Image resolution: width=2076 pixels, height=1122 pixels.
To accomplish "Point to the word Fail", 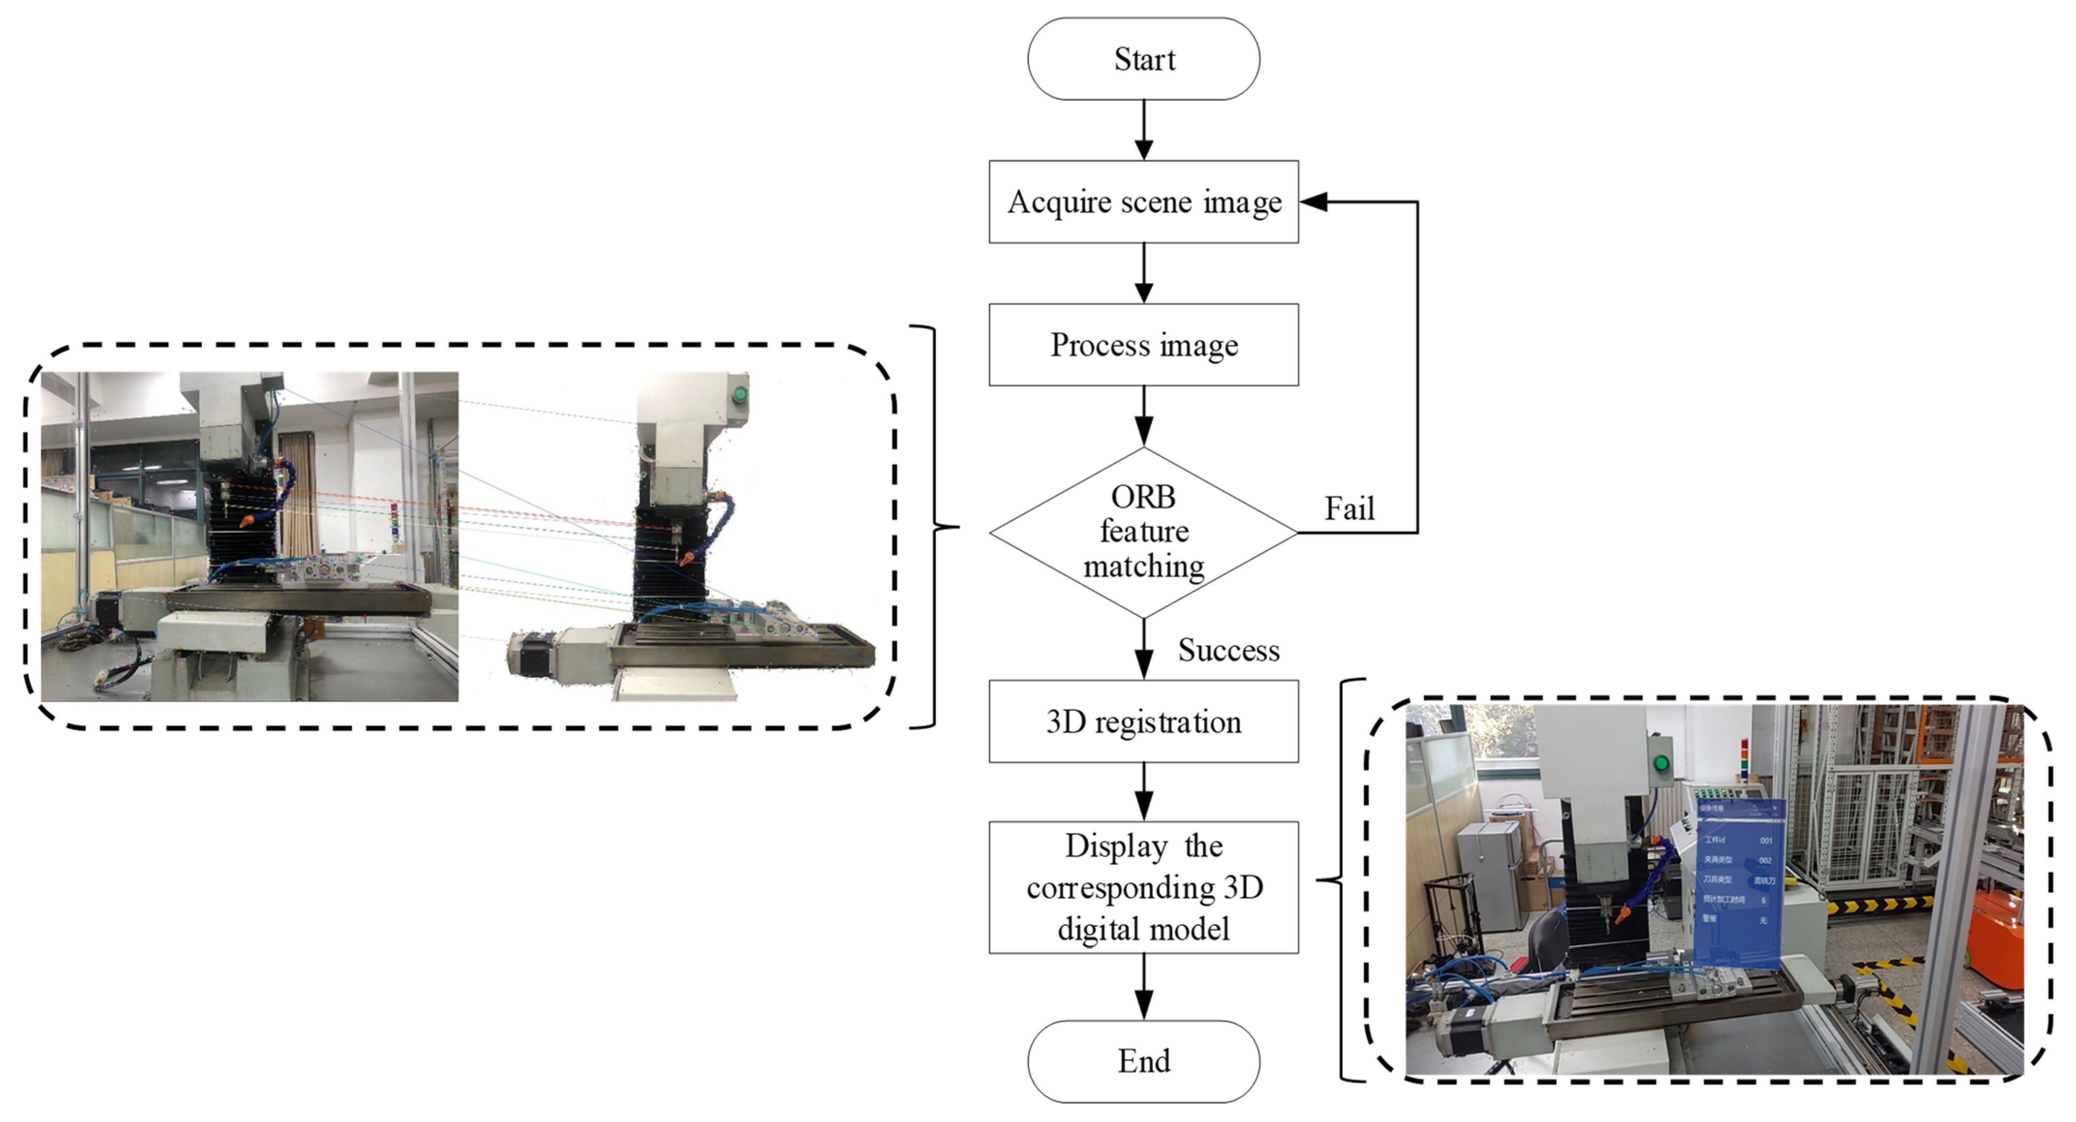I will (x=1349, y=508).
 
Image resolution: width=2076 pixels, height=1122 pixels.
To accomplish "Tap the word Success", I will (x=1228, y=650).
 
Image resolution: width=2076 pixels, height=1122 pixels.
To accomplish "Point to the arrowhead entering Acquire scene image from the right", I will (x=1313, y=201).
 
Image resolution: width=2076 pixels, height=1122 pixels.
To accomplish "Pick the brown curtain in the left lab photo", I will (x=297, y=492).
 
